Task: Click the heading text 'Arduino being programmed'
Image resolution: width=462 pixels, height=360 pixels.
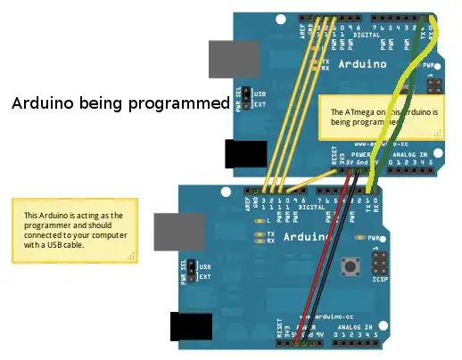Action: [120, 102]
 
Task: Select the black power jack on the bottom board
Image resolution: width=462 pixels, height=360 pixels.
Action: [187, 328]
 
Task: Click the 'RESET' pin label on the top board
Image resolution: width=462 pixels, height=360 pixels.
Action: [330, 161]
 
